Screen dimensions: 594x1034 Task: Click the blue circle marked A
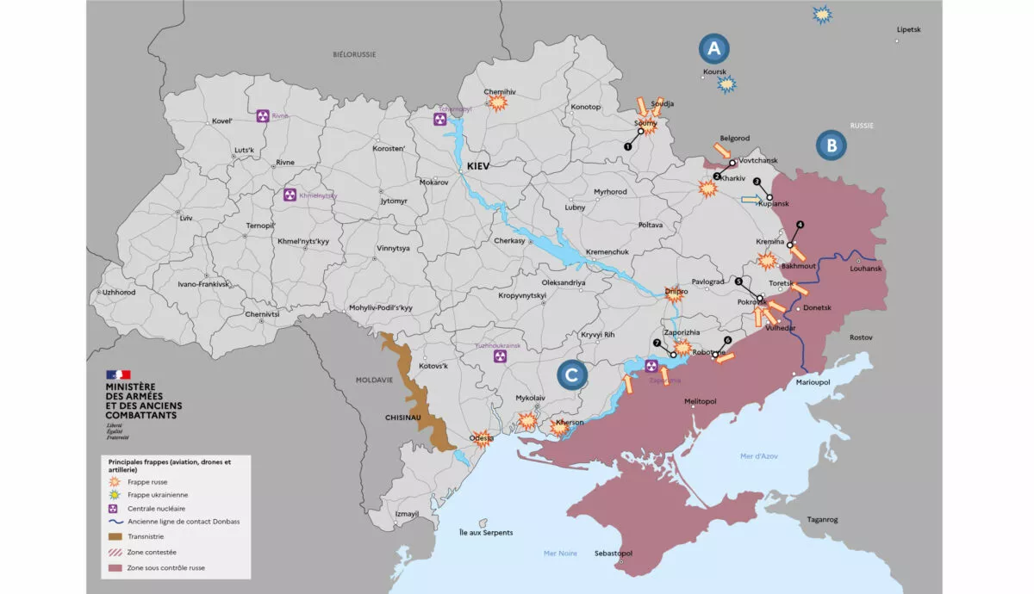(x=715, y=48)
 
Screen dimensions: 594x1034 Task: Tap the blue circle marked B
(x=831, y=145)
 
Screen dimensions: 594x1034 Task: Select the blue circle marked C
(x=571, y=374)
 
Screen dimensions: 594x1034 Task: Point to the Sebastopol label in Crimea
(x=614, y=553)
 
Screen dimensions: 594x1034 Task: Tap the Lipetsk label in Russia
(x=908, y=29)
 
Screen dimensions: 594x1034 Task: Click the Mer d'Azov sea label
(x=758, y=455)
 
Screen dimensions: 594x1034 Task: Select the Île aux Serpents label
(x=486, y=533)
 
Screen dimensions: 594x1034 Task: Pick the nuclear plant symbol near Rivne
(x=263, y=115)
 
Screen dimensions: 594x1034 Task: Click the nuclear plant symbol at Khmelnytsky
(x=290, y=195)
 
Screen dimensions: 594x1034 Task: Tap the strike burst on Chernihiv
(x=497, y=102)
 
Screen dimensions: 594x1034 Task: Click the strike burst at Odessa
(x=483, y=438)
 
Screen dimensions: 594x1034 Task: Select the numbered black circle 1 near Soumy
(x=627, y=146)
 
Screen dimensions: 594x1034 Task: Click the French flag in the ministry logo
(x=118, y=374)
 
